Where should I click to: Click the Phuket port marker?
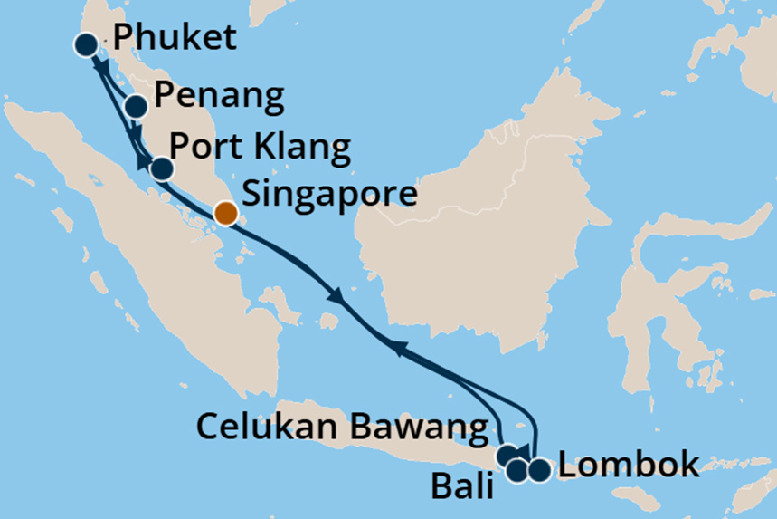(86, 44)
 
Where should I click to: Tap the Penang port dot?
(136, 107)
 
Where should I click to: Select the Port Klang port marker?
(160, 168)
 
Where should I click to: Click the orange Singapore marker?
(225, 214)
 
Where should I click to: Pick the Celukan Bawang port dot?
(508, 454)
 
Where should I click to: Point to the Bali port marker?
(518, 469)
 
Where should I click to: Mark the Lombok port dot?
(539, 470)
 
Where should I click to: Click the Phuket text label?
(173, 39)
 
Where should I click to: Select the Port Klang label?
(260, 148)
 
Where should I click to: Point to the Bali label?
(462, 489)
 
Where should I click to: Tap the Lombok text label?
(628, 466)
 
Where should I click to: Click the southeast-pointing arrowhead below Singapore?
(336, 296)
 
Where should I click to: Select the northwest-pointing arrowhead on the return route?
(396, 346)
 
